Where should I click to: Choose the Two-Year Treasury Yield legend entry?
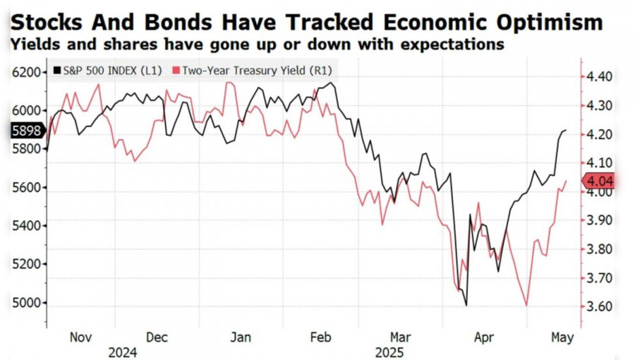255,71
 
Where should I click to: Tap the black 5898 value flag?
27,130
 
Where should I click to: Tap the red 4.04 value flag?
599,181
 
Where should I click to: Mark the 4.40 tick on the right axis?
599,76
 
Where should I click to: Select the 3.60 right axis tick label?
599,306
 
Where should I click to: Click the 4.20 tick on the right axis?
599,134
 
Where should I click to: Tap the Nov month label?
81,337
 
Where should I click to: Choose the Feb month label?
320,337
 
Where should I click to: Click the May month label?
563,337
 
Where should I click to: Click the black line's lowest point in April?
466,305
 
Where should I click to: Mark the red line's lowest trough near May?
526,305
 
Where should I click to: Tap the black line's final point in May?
566,130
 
